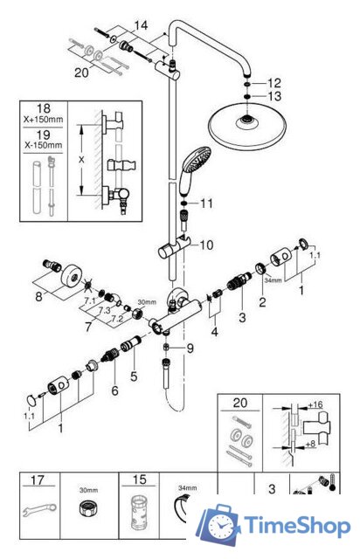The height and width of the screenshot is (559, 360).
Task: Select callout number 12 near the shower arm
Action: (276, 81)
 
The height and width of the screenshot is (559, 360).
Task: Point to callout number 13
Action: (276, 96)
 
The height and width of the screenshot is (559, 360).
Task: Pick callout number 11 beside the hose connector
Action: (206, 204)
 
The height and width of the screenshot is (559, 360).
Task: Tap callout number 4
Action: (215, 332)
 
